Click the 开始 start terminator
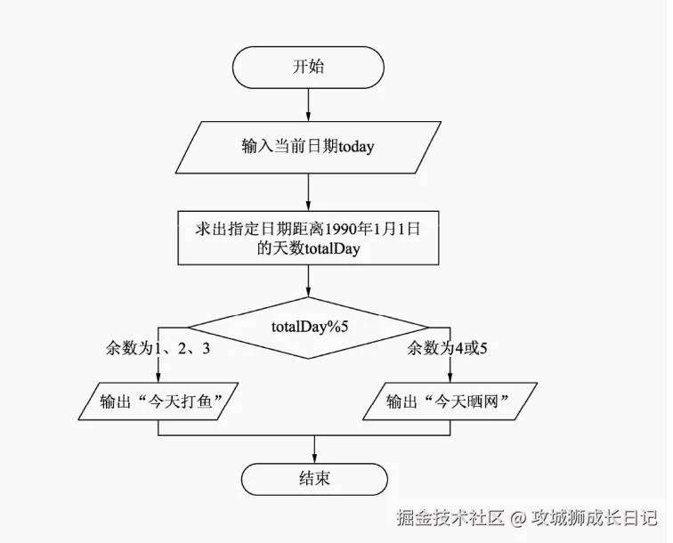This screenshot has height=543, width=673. click(308, 68)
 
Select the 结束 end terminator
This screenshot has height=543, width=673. click(313, 478)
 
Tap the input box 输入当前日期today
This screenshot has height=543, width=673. click(307, 146)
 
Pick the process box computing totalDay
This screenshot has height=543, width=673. click(307, 238)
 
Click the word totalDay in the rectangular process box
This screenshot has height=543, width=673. click(332, 249)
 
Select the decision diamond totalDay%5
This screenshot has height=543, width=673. click(308, 326)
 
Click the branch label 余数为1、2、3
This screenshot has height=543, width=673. click(158, 348)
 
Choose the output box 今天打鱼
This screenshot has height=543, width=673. click(160, 401)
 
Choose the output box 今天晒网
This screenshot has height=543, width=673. click(452, 401)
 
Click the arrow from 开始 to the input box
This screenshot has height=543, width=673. click(308, 105)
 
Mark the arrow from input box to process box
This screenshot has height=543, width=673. click(308, 190)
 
